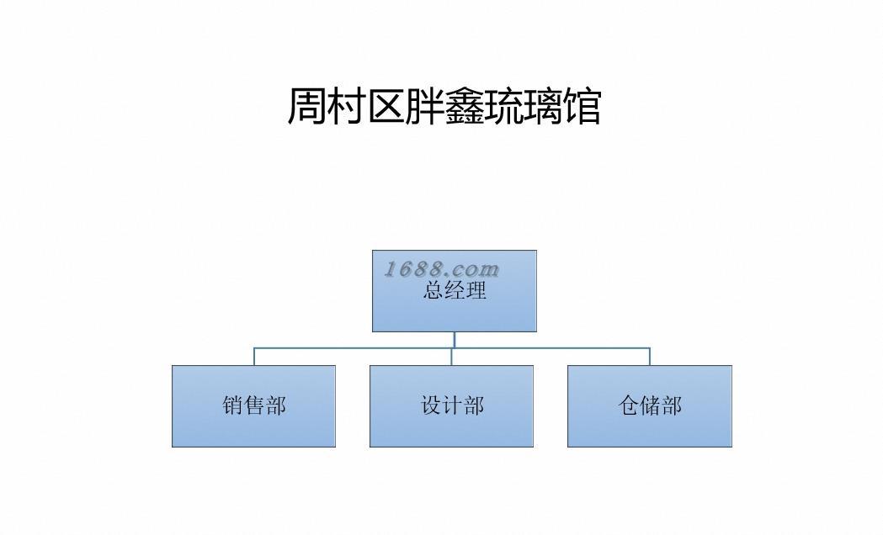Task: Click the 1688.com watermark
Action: coord(442,269)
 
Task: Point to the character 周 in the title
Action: coord(307,107)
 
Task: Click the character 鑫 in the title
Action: coord(465,107)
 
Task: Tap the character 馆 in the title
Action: coord(582,107)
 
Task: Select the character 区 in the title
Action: coord(386,107)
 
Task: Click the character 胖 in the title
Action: coord(425,107)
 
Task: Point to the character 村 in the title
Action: coord(347,107)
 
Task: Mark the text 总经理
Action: coord(455,292)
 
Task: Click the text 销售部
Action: coord(254,405)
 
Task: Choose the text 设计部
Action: coord(453,405)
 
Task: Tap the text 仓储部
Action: coord(650,405)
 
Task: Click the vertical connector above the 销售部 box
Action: coord(254,356)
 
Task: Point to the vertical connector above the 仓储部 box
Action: coord(649,356)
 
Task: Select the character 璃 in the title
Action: coord(543,107)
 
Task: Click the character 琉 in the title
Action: coord(504,107)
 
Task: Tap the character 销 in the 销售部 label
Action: coord(233,405)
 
